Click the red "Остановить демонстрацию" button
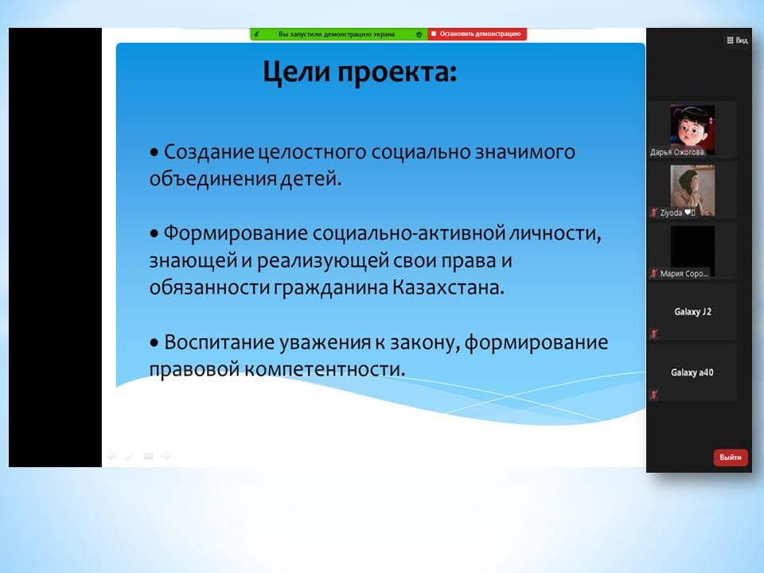[x=477, y=34]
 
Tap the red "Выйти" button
[x=731, y=458]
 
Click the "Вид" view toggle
[x=737, y=41]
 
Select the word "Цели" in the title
[x=297, y=72]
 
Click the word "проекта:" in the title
[x=398, y=72]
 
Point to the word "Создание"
[x=209, y=152]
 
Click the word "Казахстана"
[x=447, y=287]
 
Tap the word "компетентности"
[x=324, y=369]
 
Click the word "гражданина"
[x=330, y=288]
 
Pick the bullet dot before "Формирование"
[x=154, y=234]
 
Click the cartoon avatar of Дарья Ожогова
[x=692, y=127]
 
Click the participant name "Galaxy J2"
[x=693, y=312]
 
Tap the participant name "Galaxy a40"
[x=692, y=372]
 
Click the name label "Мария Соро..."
[x=684, y=274]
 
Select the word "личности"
[x=555, y=234]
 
